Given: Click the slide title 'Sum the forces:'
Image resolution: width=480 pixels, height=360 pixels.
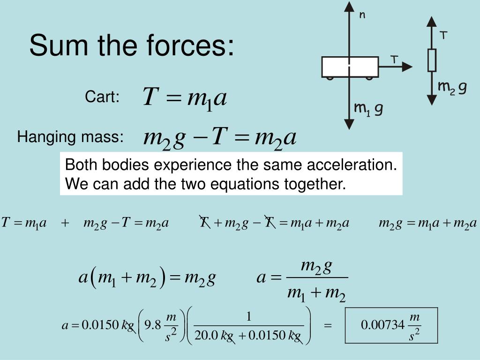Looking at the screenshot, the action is tap(131, 46).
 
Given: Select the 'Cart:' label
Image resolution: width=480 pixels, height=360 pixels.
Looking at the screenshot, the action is tap(102, 97).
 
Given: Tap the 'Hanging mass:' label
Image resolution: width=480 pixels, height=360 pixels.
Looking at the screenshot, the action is tap(70, 137).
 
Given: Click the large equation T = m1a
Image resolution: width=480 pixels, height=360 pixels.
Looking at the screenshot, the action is tap(185, 98).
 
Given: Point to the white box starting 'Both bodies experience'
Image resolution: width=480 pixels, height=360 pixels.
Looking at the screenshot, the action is tap(231, 174).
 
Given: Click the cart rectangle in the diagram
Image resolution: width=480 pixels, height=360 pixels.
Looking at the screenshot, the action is tap(350, 67).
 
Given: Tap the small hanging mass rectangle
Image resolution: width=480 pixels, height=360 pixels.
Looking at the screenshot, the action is tap(432, 60).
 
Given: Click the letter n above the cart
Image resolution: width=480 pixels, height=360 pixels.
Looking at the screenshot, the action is tap(362, 15).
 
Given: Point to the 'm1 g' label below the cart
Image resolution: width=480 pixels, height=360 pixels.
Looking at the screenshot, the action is tap(368, 109).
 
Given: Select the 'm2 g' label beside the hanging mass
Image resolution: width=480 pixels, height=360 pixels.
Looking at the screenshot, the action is tap(452, 87).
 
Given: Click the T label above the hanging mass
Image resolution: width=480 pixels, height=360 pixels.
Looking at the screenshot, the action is tap(443, 36).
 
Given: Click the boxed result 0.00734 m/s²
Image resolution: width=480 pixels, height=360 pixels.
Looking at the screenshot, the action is tap(391, 325).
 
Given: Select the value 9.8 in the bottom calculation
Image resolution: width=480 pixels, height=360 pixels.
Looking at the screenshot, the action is tap(153, 325).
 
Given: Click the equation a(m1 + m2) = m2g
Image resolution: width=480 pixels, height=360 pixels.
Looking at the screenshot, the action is tap(147, 278).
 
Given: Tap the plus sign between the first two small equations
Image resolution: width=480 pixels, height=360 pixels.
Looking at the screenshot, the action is tap(65, 223).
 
